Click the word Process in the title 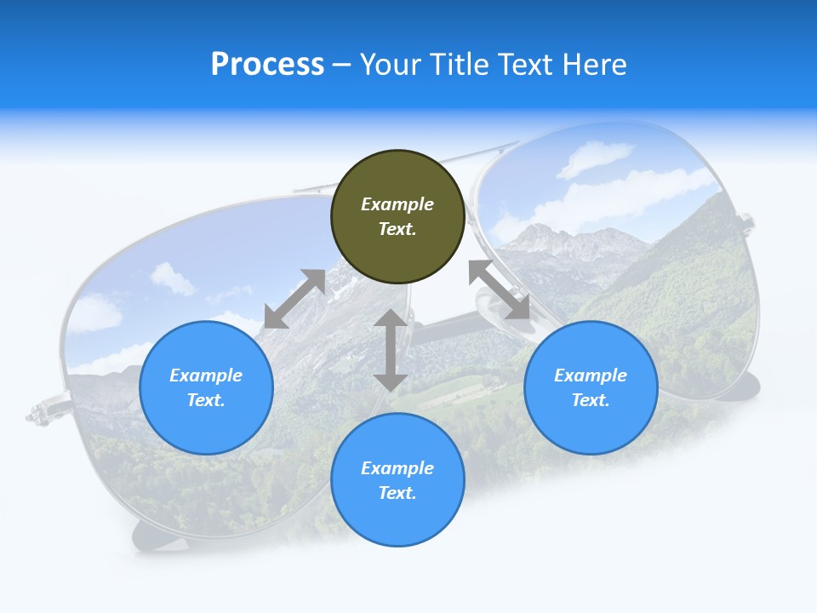click(267, 65)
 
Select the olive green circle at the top click(397, 217)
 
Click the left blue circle click(206, 387)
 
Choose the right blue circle click(591, 387)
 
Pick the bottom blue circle click(397, 480)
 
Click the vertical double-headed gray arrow click(391, 350)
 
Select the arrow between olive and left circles click(294, 299)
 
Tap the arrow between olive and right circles click(500, 290)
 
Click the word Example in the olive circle click(397, 204)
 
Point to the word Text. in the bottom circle click(397, 493)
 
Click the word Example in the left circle click(206, 375)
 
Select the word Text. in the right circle click(591, 400)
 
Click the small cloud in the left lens click(172, 278)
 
